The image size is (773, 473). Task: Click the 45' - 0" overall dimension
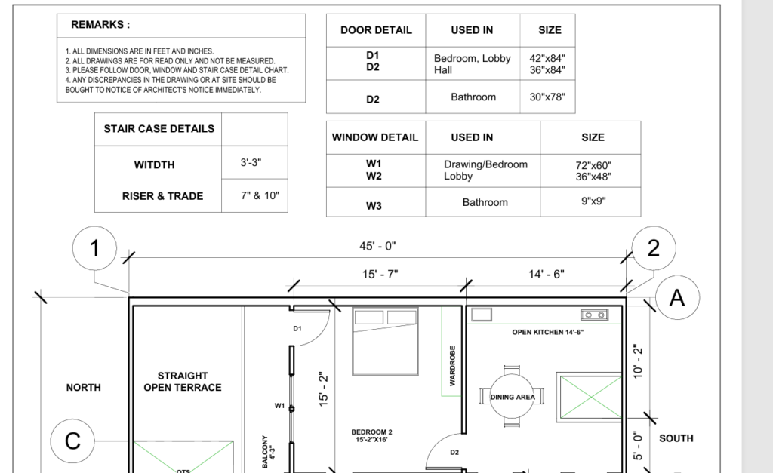[377, 246]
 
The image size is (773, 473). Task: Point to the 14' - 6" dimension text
[547, 274]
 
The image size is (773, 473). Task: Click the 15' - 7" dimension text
[380, 274]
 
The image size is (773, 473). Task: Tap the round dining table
[513, 397]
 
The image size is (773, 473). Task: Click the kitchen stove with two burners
[594, 315]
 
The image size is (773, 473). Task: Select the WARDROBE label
[453, 366]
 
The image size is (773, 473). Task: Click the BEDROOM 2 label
[371, 432]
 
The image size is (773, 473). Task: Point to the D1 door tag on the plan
[297, 329]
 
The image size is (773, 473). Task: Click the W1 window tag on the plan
[279, 406]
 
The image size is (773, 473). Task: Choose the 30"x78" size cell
[547, 97]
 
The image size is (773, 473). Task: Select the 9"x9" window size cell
[593, 201]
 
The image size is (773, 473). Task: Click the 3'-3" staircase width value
[251, 162]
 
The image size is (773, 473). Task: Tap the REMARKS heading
[100, 25]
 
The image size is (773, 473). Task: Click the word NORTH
[83, 388]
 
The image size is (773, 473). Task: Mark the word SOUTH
[676, 438]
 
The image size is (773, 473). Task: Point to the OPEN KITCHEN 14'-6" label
[548, 332]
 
